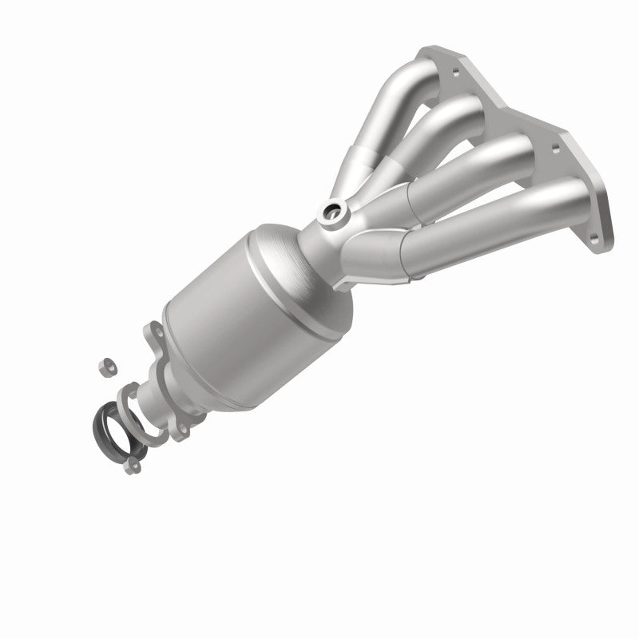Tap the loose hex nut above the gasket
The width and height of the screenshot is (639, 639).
click(x=103, y=367)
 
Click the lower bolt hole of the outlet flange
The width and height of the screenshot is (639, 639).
click(x=183, y=431)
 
